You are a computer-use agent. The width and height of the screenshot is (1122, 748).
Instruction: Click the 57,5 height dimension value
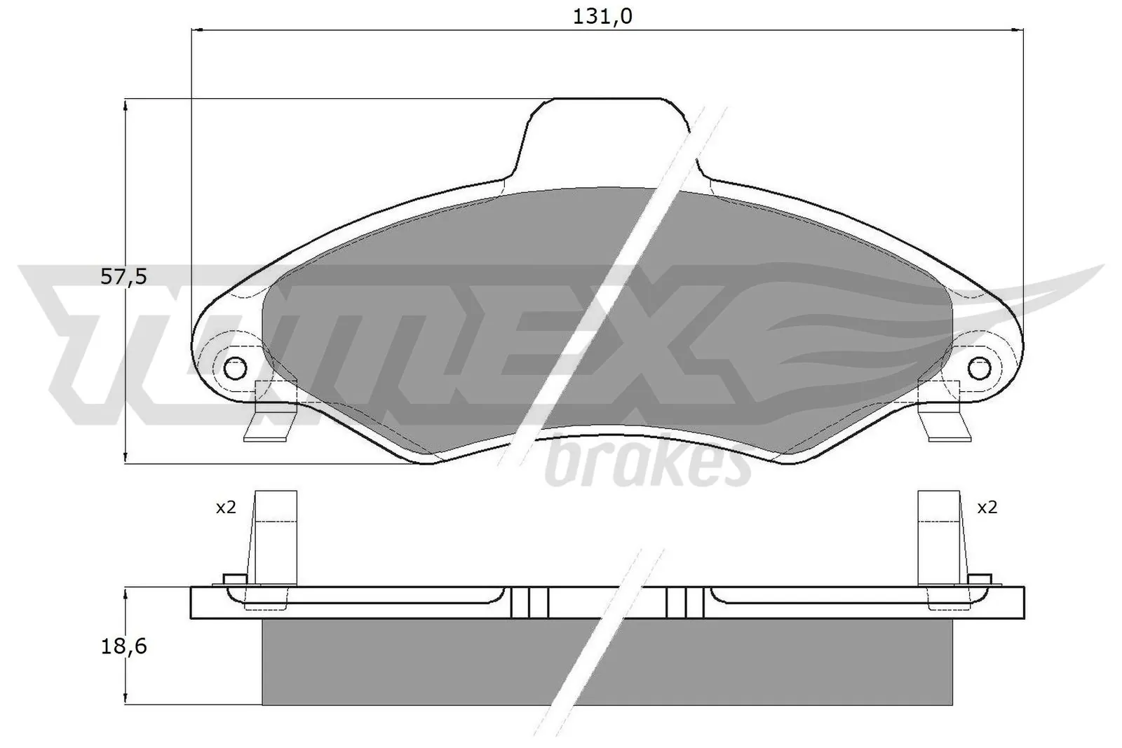(x=123, y=277)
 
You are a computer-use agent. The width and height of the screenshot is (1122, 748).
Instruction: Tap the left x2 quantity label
(x=225, y=508)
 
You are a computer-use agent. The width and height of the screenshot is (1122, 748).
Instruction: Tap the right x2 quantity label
(x=987, y=508)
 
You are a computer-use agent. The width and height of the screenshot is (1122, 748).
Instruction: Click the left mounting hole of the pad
(x=235, y=367)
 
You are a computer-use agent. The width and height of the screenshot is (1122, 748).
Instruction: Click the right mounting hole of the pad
(x=979, y=367)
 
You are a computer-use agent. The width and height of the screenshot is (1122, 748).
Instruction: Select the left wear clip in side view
(x=274, y=536)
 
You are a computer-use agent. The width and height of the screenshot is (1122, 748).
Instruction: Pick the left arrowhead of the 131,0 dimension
(x=197, y=30)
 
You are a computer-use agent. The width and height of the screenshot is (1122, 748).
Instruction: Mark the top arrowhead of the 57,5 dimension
(x=125, y=104)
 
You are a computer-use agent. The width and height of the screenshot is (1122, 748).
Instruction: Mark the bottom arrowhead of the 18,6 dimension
(x=125, y=699)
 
